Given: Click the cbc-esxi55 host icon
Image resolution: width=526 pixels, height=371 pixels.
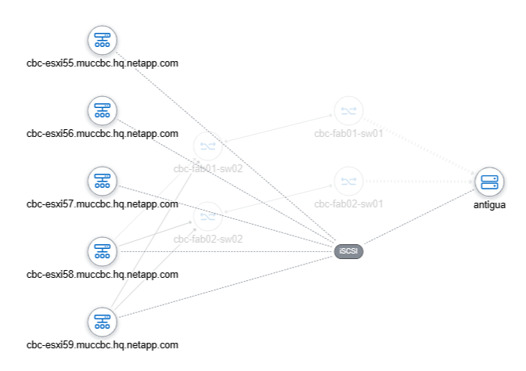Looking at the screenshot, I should (x=102, y=41).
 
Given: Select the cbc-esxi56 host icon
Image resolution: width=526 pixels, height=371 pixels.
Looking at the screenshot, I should (x=102, y=111).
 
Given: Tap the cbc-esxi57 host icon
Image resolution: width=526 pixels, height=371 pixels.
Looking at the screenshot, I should (x=102, y=182).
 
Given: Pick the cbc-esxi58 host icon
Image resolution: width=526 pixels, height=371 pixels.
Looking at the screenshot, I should (x=102, y=252).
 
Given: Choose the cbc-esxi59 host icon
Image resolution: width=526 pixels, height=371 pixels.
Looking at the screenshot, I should (x=102, y=322).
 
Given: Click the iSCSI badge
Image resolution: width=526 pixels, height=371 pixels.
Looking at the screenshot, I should (x=348, y=251).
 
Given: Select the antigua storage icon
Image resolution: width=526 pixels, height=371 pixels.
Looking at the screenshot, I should (x=489, y=182).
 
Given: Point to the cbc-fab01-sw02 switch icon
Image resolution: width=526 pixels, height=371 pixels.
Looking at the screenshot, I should (x=207, y=146).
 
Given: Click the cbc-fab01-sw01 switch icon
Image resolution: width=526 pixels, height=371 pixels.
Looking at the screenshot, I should (x=348, y=111).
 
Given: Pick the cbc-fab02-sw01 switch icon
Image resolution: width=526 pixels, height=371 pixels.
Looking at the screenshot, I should (x=348, y=182).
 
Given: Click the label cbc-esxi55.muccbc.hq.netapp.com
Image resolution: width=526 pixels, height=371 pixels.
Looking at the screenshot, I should (x=103, y=63).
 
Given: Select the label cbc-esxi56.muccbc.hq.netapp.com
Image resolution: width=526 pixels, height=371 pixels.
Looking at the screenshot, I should (x=103, y=133).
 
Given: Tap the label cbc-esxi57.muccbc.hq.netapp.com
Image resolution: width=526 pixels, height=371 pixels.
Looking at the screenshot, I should (x=103, y=204).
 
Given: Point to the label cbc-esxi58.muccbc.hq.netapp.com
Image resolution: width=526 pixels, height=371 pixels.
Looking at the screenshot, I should (x=103, y=274).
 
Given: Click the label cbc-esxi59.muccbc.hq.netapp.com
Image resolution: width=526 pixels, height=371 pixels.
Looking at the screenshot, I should (x=103, y=344).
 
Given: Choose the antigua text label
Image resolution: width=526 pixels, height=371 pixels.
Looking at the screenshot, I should (x=489, y=204).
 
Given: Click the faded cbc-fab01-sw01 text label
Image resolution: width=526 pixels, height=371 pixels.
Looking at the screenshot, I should (x=348, y=133).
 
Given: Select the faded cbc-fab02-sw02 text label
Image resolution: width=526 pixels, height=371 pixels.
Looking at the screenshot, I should (x=207, y=239).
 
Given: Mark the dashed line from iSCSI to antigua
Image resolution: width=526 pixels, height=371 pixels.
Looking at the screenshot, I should (x=419, y=218).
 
